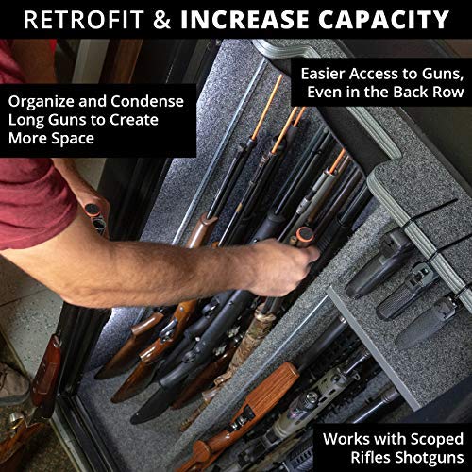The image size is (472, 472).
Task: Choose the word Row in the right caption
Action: click(x=445, y=92)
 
